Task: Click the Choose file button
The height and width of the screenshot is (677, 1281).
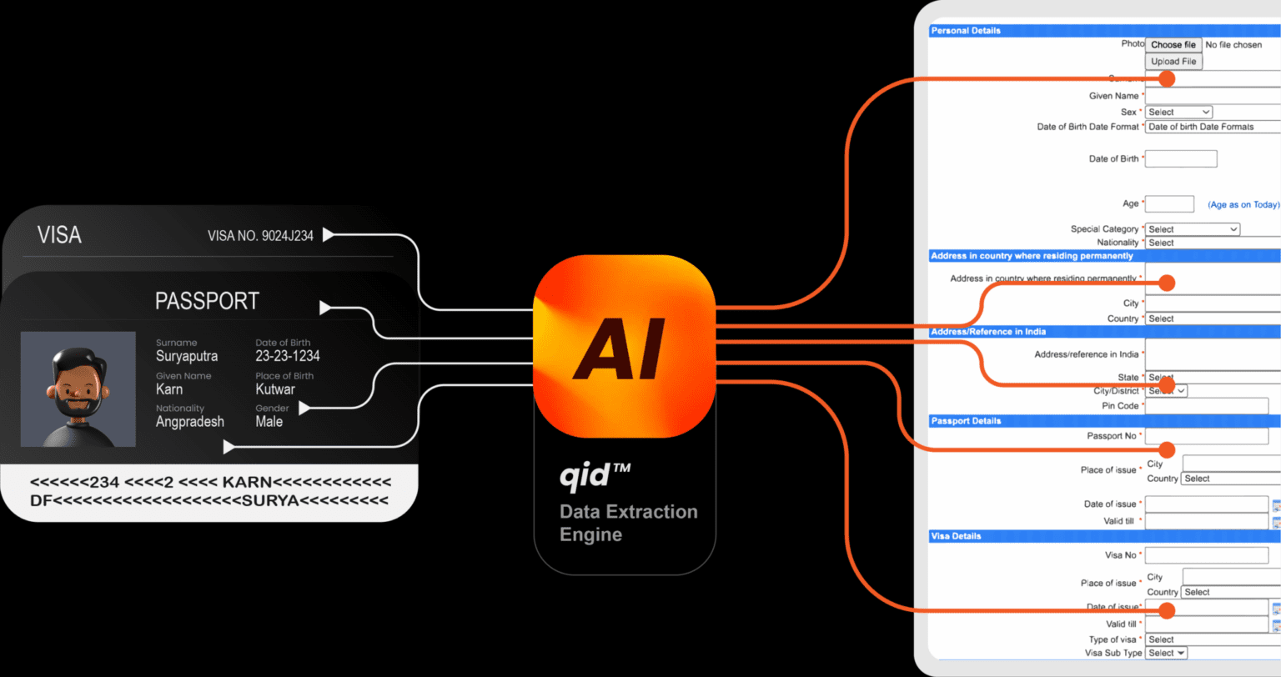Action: point(1173,45)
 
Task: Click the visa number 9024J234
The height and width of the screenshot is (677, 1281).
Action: point(260,236)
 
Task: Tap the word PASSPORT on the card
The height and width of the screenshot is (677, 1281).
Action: point(207,301)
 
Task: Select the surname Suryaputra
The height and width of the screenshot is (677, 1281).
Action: point(187,356)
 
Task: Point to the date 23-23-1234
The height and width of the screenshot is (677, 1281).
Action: point(288,356)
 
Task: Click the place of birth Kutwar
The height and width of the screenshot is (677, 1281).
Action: point(275,389)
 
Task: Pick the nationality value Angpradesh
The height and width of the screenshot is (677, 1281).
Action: point(190,422)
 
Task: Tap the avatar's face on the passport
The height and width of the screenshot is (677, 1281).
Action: point(78,384)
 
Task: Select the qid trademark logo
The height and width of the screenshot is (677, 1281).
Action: point(594,477)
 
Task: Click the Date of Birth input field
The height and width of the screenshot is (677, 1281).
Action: point(1181,158)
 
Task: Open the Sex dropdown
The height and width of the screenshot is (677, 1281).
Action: point(1178,112)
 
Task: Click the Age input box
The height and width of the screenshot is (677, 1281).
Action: point(1169,204)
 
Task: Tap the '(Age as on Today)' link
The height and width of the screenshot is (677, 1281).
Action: point(1243,205)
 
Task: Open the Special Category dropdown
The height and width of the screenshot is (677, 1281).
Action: point(1193,229)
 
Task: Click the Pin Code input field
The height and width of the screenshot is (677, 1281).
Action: point(1206,406)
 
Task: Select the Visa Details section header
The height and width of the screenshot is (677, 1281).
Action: point(956,536)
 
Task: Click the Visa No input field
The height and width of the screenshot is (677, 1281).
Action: point(1206,554)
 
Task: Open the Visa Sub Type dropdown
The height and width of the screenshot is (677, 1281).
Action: point(1166,653)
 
